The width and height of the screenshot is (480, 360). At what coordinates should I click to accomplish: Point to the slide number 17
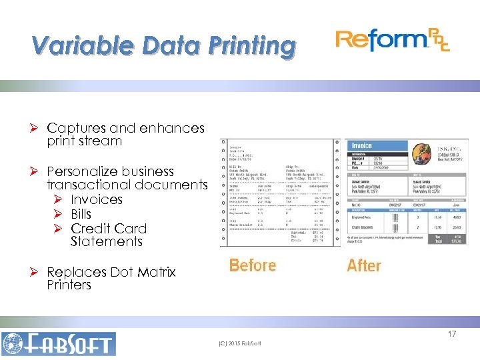[451, 333]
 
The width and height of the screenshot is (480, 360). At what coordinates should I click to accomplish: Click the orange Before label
[252, 265]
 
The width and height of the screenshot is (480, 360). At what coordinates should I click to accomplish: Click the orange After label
[364, 265]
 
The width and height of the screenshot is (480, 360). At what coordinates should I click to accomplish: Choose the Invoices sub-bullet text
[97, 199]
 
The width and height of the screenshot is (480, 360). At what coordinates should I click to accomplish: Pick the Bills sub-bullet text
[85, 214]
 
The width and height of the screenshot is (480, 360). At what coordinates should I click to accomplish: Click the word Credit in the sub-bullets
[90, 228]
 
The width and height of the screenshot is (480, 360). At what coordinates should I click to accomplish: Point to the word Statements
[107, 241]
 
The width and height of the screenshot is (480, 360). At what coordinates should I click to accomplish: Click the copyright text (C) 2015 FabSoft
[240, 343]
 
